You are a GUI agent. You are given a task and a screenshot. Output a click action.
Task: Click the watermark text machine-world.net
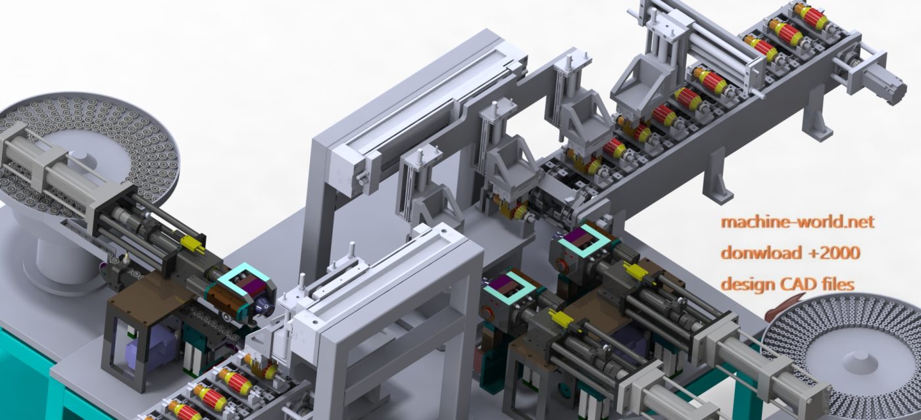coord(797,222)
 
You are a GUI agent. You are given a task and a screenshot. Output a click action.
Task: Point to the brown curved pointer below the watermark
coord(780,306)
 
